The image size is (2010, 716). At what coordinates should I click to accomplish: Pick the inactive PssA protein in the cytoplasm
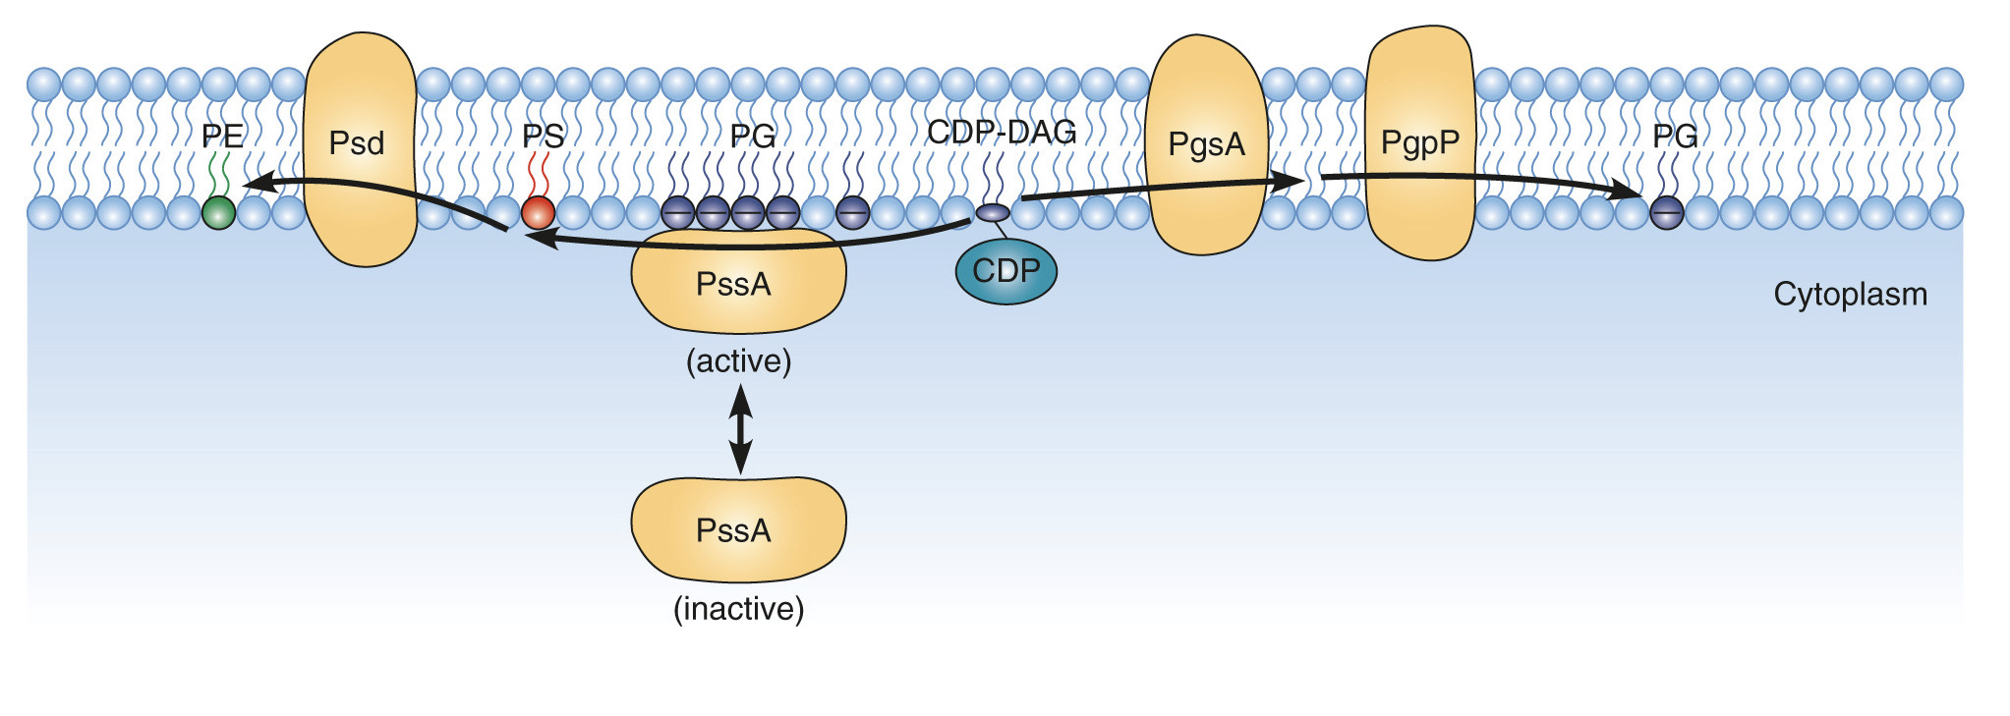(x=737, y=529)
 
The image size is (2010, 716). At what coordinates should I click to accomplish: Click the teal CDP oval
(x=1005, y=271)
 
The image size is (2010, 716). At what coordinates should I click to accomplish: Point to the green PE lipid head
(x=218, y=212)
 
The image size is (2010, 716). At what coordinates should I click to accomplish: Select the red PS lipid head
(x=538, y=212)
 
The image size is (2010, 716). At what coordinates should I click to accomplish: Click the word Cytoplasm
(x=1850, y=294)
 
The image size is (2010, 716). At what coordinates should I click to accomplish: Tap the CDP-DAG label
(x=1002, y=132)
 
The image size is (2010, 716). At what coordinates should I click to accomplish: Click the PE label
(x=222, y=136)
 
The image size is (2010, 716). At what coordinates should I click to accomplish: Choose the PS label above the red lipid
(x=543, y=136)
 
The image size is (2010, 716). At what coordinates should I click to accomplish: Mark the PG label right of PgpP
(x=1675, y=136)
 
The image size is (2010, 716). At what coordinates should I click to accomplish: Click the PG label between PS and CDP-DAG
(x=753, y=136)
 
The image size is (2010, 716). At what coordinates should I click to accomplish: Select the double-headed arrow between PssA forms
(x=740, y=429)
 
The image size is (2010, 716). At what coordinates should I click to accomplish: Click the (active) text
(x=738, y=361)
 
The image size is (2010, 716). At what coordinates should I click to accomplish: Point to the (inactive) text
(x=738, y=609)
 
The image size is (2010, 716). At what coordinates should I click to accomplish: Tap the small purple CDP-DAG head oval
(x=993, y=212)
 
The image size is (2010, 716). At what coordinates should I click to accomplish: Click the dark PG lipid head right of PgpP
(x=1666, y=212)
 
